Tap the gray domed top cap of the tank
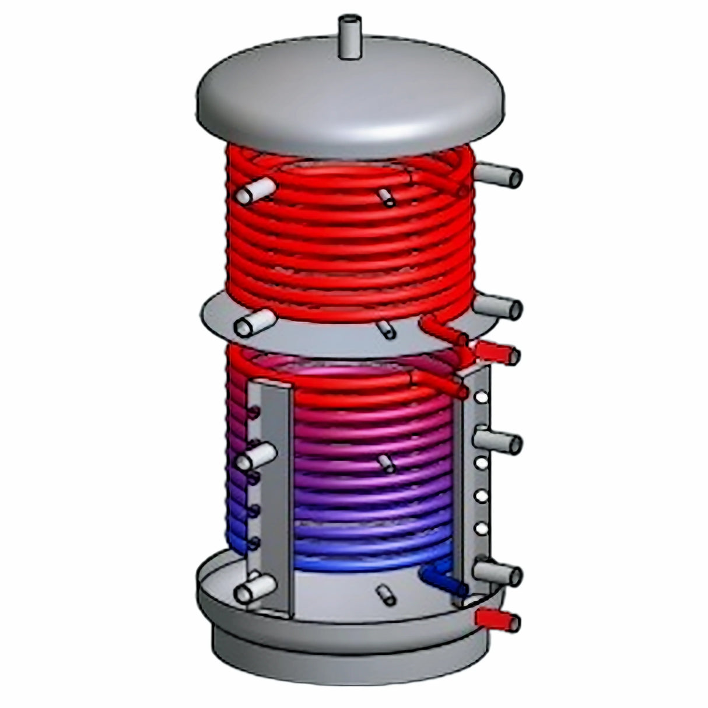click(350, 105)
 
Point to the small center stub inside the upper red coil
click(386, 197)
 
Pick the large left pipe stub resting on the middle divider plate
click(254, 323)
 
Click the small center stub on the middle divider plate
click(386, 328)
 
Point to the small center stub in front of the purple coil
click(386, 464)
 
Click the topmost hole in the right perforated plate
click(482, 398)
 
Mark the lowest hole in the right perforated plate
click(482, 528)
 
